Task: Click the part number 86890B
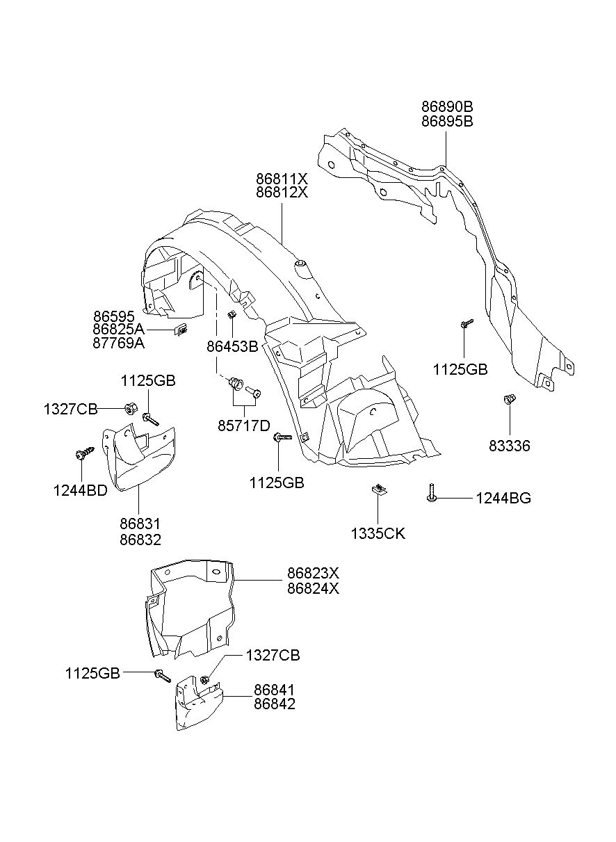[x=447, y=107]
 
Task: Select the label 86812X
[x=282, y=193]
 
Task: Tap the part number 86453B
[x=232, y=346]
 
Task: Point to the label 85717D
[x=244, y=426]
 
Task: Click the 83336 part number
[x=509, y=446]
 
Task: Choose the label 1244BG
[x=503, y=499]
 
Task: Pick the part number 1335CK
[x=378, y=534]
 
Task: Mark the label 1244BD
[x=81, y=491]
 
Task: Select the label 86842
[x=275, y=704]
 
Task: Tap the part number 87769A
[x=118, y=343]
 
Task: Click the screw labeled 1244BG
[x=432, y=492]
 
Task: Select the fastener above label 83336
[x=510, y=399]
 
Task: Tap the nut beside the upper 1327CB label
[x=131, y=409]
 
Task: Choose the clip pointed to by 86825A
[x=181, y=330]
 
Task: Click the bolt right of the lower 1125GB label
[x=163, y=677]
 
